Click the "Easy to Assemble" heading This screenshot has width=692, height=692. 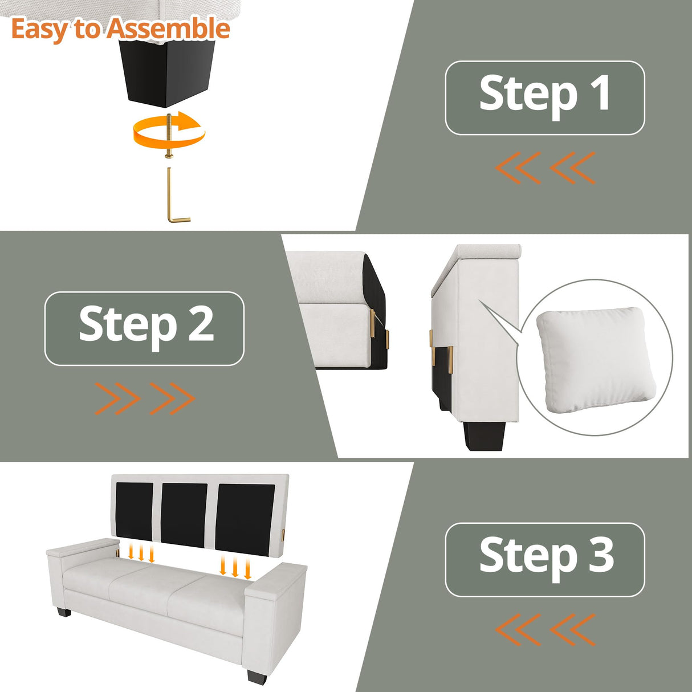tap(121, 30)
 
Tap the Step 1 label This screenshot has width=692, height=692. tap(545, 97)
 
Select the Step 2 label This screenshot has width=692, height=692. tap(144, 329)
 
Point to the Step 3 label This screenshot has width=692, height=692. tap(545, 560)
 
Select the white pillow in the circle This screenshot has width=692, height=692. tap(596, 361)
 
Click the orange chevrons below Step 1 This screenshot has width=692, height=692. tap(544, 168)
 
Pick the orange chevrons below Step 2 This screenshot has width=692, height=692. tap(145, 398)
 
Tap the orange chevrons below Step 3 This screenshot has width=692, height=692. tap(544, 629)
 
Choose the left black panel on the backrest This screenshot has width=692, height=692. tap(135, 511)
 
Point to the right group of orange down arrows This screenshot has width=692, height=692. tap(235, 567)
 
